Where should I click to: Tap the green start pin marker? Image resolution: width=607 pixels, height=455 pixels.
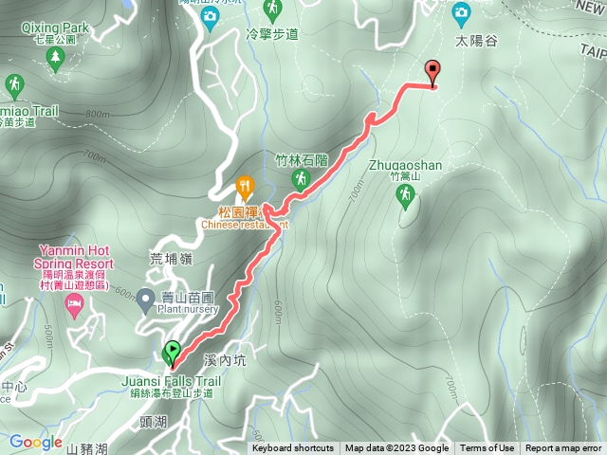[x=173, y=354]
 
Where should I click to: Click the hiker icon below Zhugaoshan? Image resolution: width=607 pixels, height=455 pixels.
[x=405, y=194]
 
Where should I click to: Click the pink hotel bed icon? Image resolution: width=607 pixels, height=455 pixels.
[x=73, y=305]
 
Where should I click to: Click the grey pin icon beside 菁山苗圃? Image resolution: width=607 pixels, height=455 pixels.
[x=145, y=301]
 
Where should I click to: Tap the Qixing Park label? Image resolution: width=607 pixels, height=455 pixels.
[x=54, y=28]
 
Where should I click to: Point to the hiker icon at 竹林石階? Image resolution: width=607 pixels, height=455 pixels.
[x=301, y=178]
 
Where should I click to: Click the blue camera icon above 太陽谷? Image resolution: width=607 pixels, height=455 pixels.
[x=461, y=11]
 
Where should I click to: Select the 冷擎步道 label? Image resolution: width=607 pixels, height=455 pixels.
[x=272, y=33]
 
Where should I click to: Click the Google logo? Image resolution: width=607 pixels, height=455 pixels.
[x=35, y=442]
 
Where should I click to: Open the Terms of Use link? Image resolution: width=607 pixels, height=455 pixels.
[x=487, y=448]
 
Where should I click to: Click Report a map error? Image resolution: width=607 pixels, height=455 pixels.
[x=563, y=448]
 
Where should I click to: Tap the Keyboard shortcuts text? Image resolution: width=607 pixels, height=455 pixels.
[x=293, y=448]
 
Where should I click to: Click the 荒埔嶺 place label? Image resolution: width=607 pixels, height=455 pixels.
[x=171, y=258]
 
